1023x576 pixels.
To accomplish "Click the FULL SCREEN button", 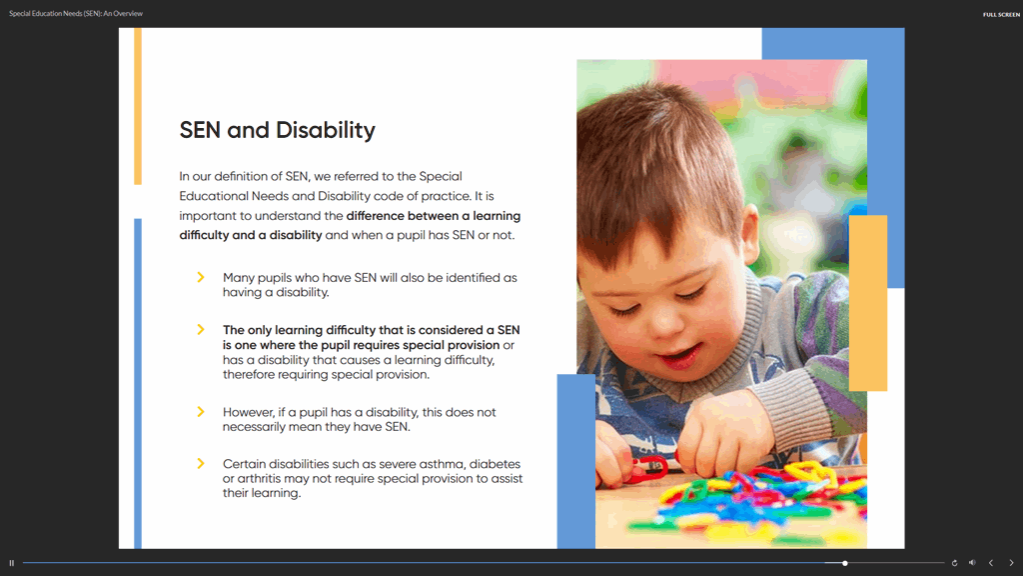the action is pos(1001,14).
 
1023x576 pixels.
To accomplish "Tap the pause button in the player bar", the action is pos(12,563).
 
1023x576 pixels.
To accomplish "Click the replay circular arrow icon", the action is pos(954,563).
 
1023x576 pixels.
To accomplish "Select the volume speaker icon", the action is pos(972,563).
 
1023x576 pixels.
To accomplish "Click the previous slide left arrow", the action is pos(991,563).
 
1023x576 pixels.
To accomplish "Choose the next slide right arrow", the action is pos(1011,563).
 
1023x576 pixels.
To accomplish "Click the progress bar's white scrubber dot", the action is pos(845,563).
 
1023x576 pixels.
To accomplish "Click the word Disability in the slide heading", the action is pos(326,131).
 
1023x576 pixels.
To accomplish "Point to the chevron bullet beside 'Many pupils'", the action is pos(201,278).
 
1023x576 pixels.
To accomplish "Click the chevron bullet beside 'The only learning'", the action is pos(201,330).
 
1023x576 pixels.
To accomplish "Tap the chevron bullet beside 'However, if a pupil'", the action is pos(201,412).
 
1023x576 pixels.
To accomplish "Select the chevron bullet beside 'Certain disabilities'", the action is pos(201,464).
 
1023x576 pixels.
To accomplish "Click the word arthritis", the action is pos(259,479).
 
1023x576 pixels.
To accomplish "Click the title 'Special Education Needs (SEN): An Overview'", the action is pos(76,14).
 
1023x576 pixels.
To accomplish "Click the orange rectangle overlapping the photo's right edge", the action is pos(868,303).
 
